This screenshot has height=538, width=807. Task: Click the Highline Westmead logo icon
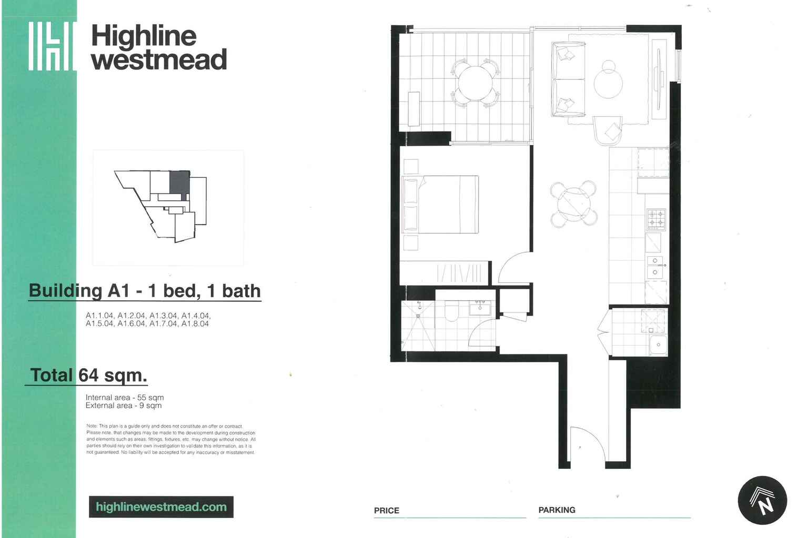51,46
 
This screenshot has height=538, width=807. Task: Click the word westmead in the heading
159,59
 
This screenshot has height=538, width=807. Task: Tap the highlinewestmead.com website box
161,507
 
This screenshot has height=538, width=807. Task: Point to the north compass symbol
762,500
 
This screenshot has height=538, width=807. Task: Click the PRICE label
386,510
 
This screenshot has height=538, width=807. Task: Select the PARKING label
557,510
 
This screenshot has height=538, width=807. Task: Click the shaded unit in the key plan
179,182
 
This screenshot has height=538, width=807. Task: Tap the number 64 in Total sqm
88,375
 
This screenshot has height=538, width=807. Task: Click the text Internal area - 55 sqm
125,398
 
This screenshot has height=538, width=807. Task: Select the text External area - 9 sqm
124,405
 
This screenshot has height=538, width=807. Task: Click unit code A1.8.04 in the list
195,323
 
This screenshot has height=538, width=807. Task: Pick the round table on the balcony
476,83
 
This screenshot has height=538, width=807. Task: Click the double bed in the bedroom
441,204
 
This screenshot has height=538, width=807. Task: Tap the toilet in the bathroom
452,311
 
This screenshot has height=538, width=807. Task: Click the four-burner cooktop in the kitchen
656,219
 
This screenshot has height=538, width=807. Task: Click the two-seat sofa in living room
568,79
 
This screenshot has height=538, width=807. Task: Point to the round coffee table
608,83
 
